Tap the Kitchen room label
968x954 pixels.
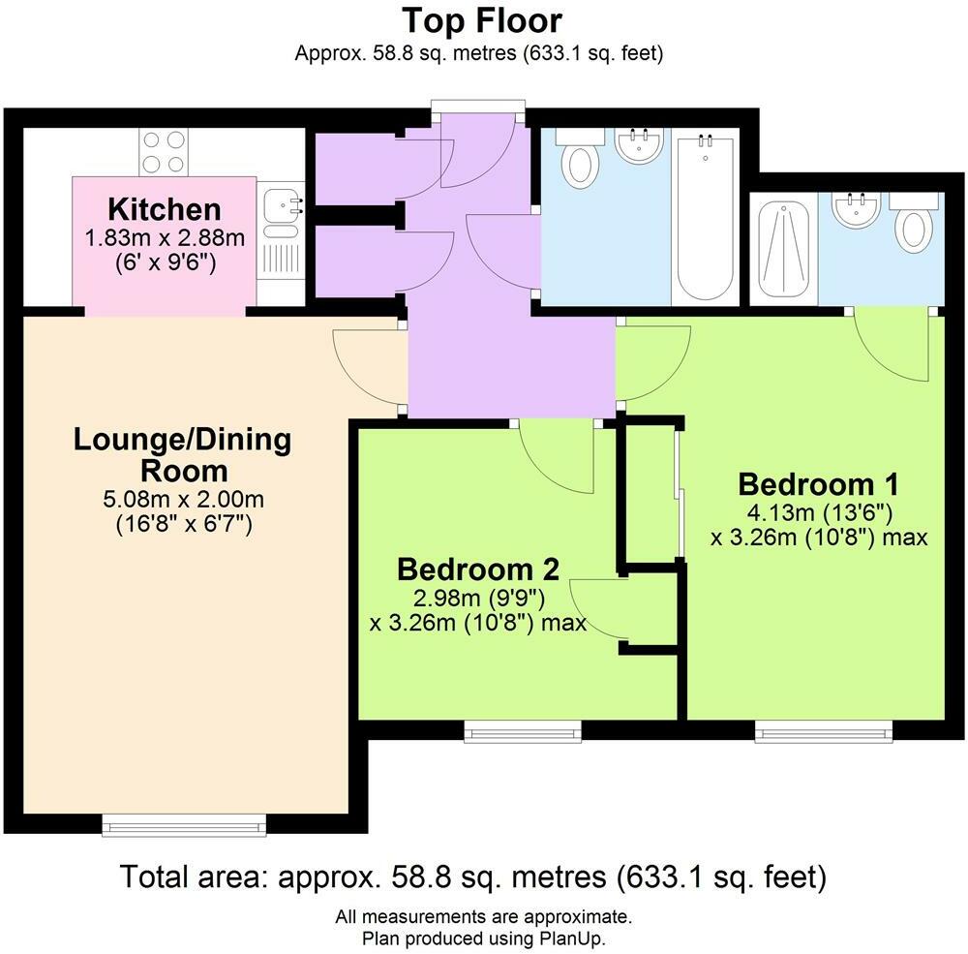coord(164,209)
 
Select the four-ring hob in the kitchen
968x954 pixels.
coord(163,152)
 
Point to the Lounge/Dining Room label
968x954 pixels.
coord(182,455)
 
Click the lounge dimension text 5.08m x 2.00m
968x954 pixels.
coord(182,501)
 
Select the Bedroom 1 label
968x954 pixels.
coord(819,484)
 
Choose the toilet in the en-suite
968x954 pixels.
coord(915,225)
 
